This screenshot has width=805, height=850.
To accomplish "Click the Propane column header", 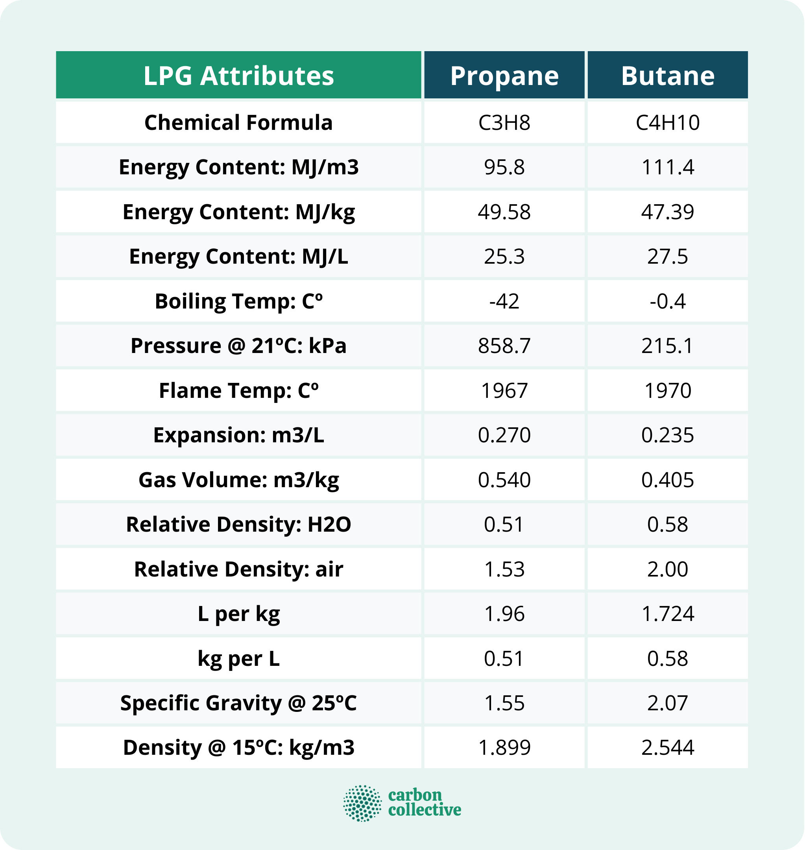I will (x=504, y=76).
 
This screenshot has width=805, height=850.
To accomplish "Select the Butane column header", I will (x=667, y=76).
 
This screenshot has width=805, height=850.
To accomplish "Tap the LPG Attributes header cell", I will (x=238, y=76).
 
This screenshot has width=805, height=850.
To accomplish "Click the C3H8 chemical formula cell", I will (x=504, y=123).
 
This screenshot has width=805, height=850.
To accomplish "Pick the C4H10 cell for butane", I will (x=667, y=123).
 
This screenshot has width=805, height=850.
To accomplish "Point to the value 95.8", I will (x=504, y=167).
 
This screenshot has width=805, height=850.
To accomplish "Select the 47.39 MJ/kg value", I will (x=667, y=212).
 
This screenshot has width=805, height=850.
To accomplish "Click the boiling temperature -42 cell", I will (x=504, y=301).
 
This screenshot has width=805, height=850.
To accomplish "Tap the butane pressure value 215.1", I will (x=667, y=346).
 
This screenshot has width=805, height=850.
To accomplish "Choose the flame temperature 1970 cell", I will (x=667, y=390).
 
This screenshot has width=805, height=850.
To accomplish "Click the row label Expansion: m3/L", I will (x=238, y=435).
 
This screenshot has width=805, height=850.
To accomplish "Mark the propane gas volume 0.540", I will (x=504, y=480).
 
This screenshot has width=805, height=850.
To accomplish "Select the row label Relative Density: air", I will (x=238, y=569).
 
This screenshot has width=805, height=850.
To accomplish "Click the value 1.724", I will (x=667, y=613).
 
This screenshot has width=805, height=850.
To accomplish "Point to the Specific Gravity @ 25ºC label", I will (x=238, y=703).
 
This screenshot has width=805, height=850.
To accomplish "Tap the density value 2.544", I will (x=667, y=747).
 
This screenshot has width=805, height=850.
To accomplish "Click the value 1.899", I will (x=504, y=747).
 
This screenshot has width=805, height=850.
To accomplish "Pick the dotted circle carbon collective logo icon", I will (x=362, y=803).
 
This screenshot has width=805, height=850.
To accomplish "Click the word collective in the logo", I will (x=425, y=810).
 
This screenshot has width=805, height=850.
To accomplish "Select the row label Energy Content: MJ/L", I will (x=238, y=257).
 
